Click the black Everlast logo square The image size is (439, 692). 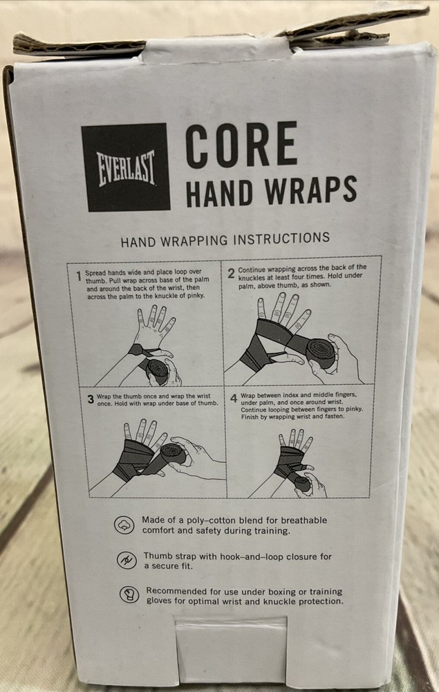tap(125, 167)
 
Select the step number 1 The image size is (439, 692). tap(80, 275)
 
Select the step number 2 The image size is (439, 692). tap(231, 273)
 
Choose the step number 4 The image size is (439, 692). tap(233, 399)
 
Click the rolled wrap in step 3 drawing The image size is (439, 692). tap(171, 457)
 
